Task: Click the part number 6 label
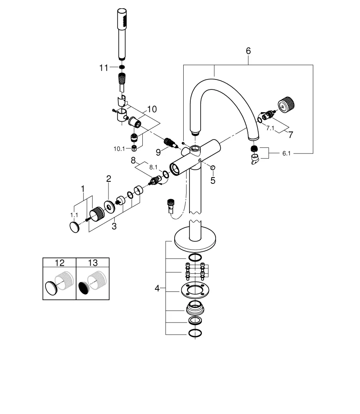click(x=248, y=51)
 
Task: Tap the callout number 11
click(x=103, y=67)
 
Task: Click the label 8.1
click(x=153, y=167)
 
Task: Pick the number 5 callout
click(x=213, y=181)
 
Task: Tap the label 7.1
click(x=270, y=128)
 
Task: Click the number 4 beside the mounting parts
click(x=157, y=288)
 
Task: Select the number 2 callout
click(x=108, y=179)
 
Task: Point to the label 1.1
click(x=74, y=215)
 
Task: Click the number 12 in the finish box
click(x=60, y=262)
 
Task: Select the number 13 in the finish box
click(x=93, y=262)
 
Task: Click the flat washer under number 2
click(x=110, y=206)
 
